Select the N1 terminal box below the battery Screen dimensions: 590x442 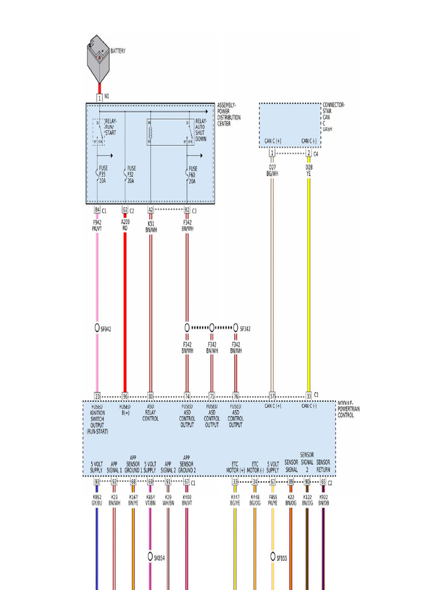pyautogui.click(x=100, y=98)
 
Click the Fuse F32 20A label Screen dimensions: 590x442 pyautogui.click(x=130, y=174)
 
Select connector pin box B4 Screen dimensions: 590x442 pyautogui.click(x=97, y=210)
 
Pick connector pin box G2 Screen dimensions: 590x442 pyautogui.click(x=125, y=210)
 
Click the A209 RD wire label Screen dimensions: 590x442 pyautogui.click(x=125, y=224)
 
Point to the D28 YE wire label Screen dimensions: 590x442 pyautogui.click(x=308, y=169)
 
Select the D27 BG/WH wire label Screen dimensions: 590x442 pyautogui.click(x=272, y=169)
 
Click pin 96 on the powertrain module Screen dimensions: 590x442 pyautogui.click(x=125, y=396)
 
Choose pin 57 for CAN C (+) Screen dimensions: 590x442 pyautogui.click(x=272, y=396)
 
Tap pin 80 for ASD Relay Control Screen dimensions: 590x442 pyautogui.click(x=150, y=396)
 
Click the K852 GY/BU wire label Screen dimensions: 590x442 pyautogui.click(x=97, y=499)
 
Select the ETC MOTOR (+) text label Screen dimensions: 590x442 pyautogui.click(x=235, y=466)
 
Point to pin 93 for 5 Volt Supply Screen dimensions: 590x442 pyautogui.click(x=97, y=482)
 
